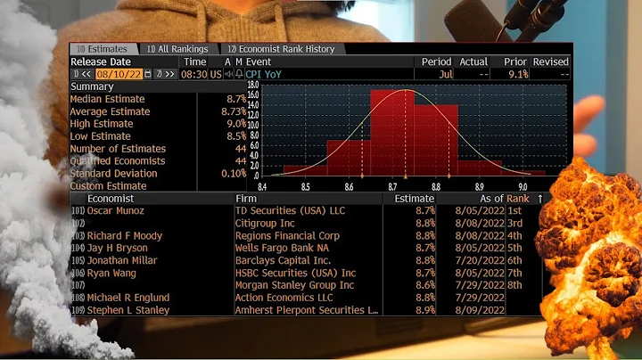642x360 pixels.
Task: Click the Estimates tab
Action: point(104,49)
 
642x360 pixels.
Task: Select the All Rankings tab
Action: point(177,49)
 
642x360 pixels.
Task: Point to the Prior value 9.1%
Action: point(516,74)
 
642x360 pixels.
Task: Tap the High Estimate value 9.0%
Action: point(235,124)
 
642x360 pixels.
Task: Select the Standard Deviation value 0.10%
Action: point(233,173)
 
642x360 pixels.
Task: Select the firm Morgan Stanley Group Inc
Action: point(293,285)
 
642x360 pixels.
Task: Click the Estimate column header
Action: point(413,198)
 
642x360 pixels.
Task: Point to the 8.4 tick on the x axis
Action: point(263,185)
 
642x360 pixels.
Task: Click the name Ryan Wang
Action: point(111,273)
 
